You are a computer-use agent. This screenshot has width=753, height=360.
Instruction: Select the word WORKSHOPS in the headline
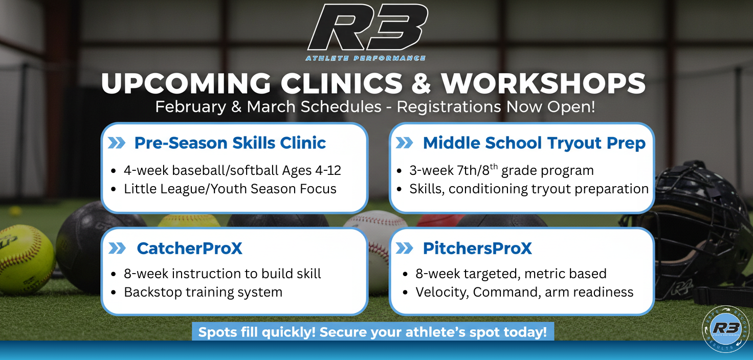543,83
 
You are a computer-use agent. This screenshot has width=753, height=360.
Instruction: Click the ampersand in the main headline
420,83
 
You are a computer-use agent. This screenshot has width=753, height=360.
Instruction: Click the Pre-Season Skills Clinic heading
230,143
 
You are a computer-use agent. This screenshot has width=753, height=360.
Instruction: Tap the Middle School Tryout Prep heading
534,143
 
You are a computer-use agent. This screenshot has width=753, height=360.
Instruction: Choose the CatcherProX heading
189,249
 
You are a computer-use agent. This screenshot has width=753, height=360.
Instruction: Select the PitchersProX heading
477,249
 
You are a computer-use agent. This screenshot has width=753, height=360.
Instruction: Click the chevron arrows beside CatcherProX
117,249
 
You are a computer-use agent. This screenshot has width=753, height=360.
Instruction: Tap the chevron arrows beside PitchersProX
404,249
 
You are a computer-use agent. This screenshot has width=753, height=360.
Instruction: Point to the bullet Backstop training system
203,292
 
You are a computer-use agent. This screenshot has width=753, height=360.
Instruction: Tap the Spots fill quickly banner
372,331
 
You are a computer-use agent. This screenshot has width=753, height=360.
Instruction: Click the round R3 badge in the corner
725,329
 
